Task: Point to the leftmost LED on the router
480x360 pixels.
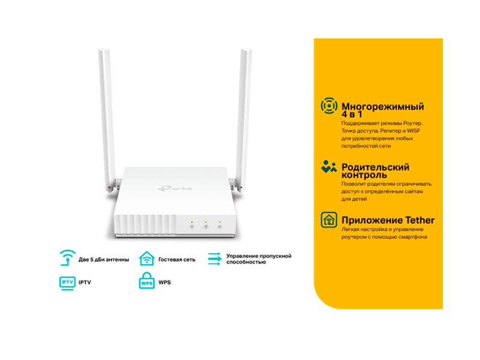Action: tap(191, 223)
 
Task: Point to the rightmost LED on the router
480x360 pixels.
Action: tap(220, 223)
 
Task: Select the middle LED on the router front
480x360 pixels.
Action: tap(205, 223)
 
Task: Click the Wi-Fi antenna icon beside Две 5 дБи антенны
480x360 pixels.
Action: tap(67, 259)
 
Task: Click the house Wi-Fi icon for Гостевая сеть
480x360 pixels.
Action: tap(146, 259)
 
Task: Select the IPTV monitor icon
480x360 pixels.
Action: tap(67, 282)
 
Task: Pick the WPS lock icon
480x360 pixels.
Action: tap(146, 282)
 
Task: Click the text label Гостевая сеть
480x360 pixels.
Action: tap(176, 259)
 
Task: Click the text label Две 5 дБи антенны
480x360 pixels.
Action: tap(103, 259)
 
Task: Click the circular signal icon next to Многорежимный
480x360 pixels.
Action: tap(329, 106)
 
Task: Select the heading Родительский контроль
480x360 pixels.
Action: tap(375, 172)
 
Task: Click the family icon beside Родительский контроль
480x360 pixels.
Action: tap(329, 167)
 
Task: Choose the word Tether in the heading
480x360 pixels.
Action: tap(419, 220)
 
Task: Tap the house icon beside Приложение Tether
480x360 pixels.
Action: tap(329, 220)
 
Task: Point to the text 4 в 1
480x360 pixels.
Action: tap(353, 115)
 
